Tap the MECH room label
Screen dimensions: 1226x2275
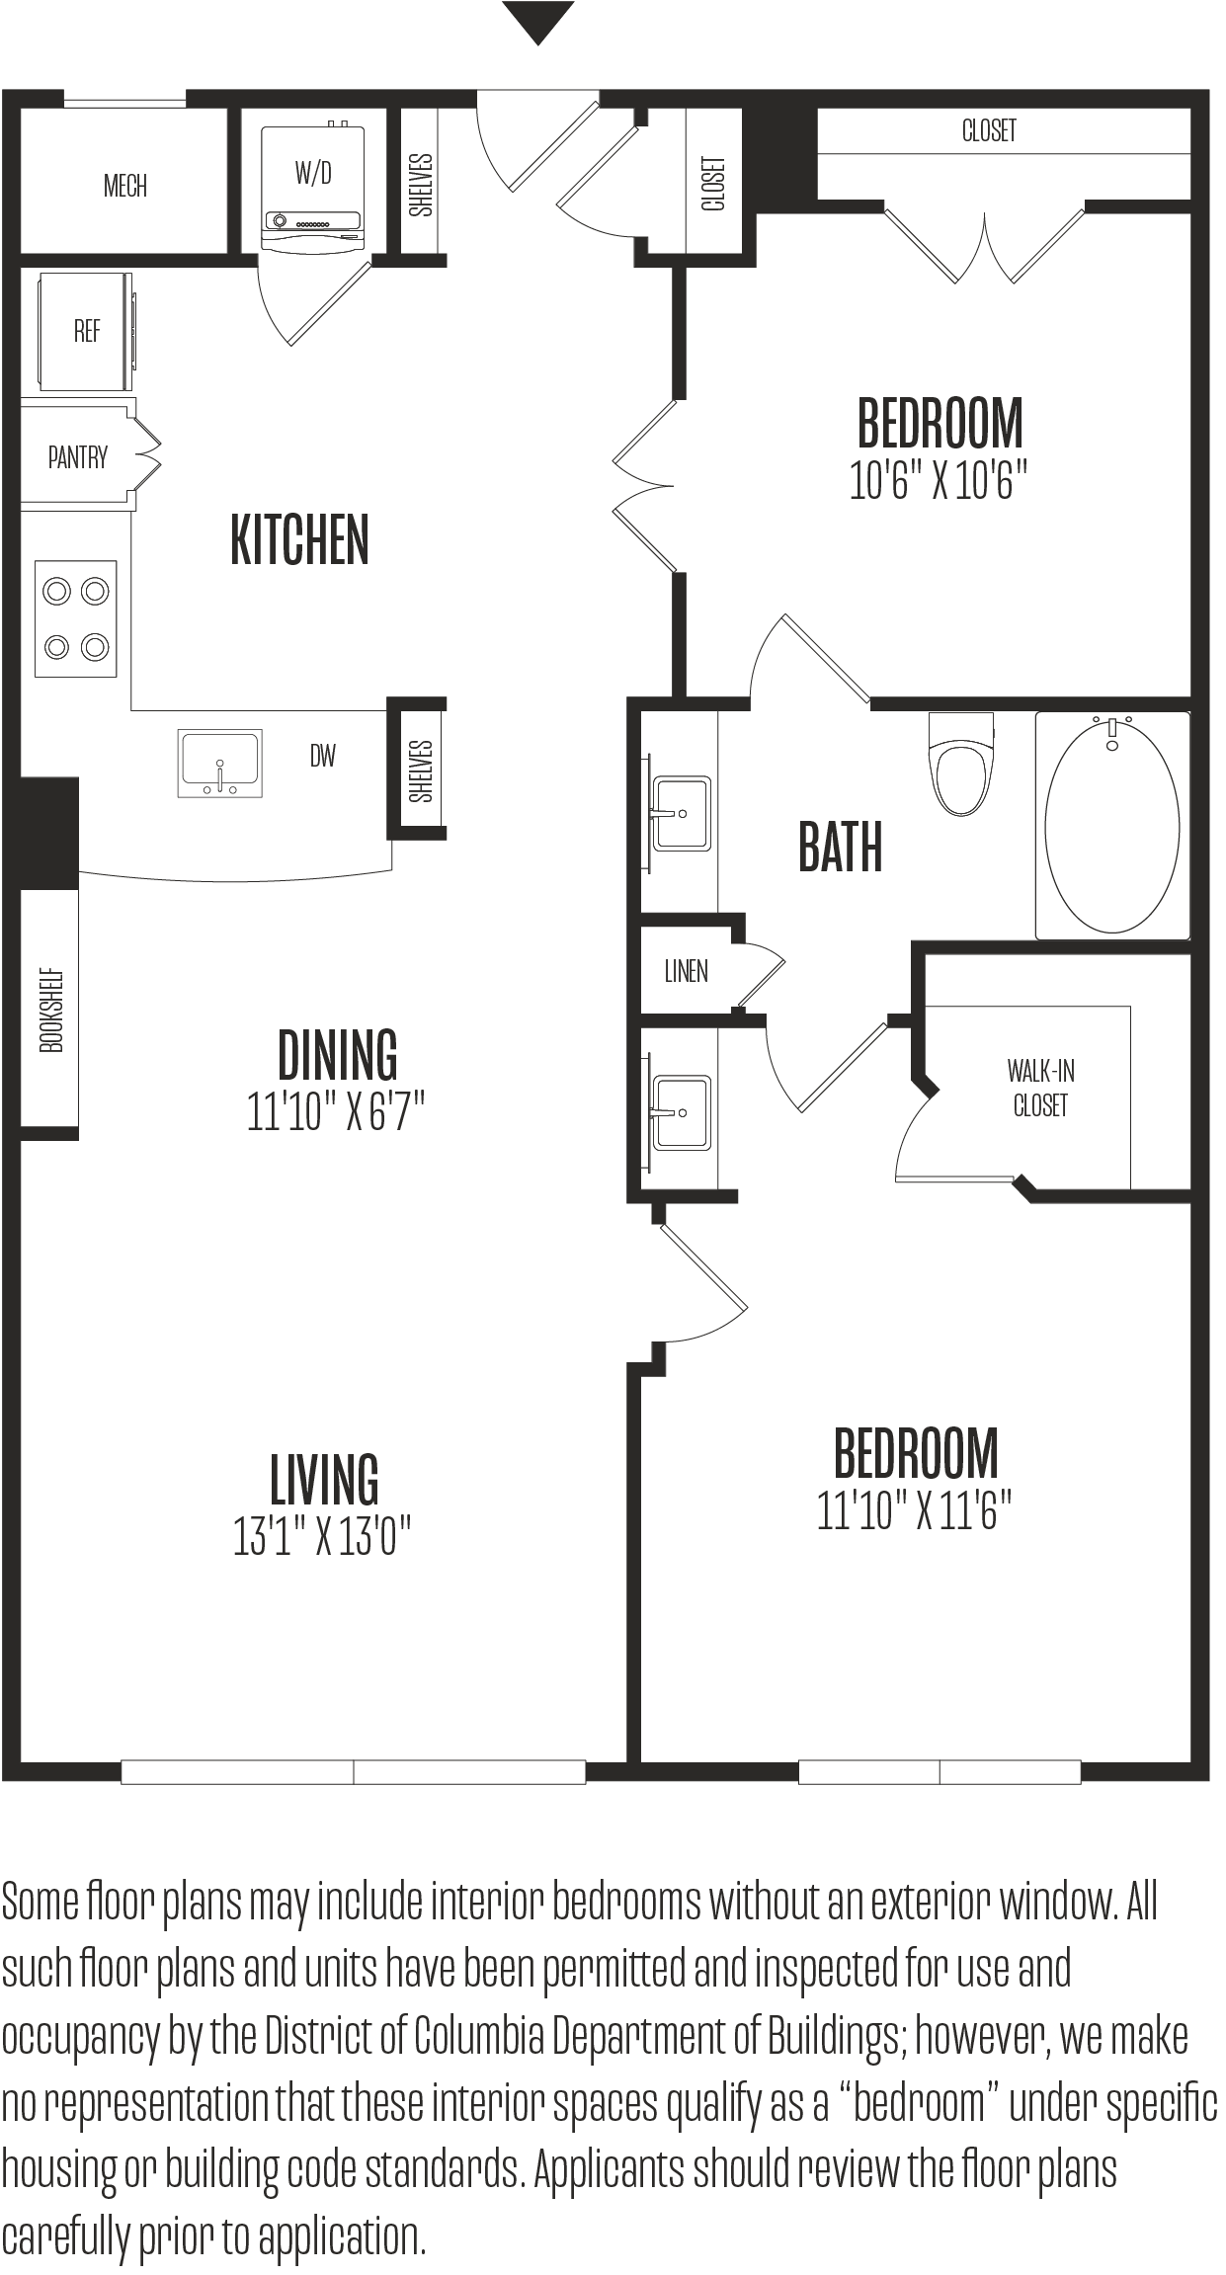(x=125, y=186)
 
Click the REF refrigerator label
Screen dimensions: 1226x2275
(x=87, y=331)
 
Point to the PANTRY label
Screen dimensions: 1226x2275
(x=78, y=456)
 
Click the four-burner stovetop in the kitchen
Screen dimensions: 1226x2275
(x=76, y=619)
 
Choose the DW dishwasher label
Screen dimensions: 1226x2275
(x=323, y=757)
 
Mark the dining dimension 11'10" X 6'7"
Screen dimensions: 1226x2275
(x=336, y=1112)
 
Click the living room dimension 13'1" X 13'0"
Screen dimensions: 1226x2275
(x=322, y=1536)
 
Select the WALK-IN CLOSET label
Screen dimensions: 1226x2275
(x=1041, y=1088)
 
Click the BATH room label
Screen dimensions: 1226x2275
(x=840, y=848)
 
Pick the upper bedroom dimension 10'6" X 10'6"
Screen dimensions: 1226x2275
(x=939, y=481)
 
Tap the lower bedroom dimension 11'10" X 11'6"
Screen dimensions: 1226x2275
(x=914, y=1511)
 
